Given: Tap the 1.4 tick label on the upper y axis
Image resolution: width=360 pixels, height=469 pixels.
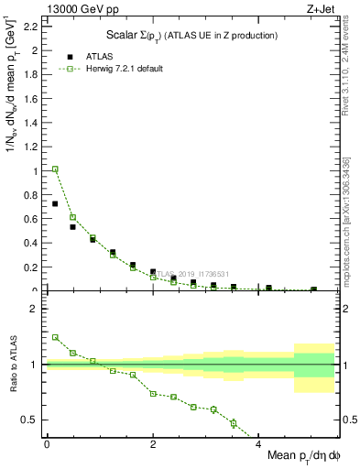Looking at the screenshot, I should click(x=32, y=122).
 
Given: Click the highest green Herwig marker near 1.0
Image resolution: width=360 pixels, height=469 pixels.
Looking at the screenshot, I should click(x=55, y=169).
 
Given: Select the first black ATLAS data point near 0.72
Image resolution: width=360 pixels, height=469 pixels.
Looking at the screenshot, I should click(x=55, y=203).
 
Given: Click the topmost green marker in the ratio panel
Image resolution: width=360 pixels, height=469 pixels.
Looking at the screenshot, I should click(x=55, y=337).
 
